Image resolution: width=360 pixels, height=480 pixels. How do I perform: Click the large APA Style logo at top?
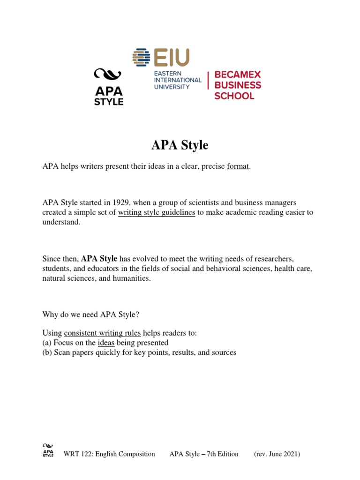click(x=108, y=87)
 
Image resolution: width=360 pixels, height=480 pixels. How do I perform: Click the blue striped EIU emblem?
click(x=142, y=58)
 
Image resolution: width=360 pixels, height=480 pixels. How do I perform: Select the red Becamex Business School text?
click(x=237, y=85)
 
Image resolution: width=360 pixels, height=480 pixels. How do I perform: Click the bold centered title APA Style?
click(x=180, y=145)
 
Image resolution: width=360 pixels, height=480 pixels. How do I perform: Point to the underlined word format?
click(x=238, y=167)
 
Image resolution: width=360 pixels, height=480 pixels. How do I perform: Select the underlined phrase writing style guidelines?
click(x=157, y=212)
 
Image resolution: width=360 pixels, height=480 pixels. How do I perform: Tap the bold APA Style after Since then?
click(x=99, y=258)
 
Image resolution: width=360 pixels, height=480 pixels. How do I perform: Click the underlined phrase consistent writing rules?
click(x=102, y=333)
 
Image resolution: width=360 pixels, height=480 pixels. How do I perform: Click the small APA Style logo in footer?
click(x=48, y=450)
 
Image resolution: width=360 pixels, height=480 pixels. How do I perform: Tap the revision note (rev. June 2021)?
click(x=277, y=454)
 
